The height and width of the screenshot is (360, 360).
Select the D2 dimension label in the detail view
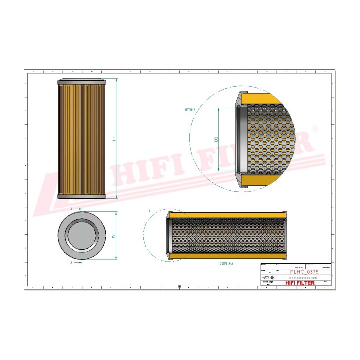pos(216,140)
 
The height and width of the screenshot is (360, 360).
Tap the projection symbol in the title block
pos(269,277)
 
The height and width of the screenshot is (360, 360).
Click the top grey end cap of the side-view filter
pos(82,81)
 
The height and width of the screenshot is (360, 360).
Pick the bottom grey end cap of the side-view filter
pos(82,196)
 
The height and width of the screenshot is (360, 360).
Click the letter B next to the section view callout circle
pos(149,211)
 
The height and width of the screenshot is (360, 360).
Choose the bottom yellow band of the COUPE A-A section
pos(227,256)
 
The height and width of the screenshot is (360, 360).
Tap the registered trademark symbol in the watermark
pos(314,129)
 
